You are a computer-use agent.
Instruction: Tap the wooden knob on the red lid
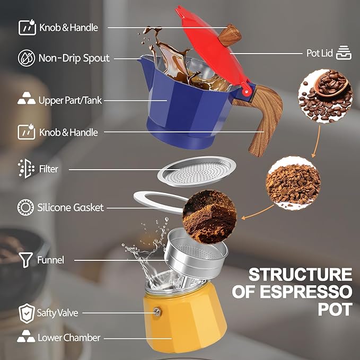229,36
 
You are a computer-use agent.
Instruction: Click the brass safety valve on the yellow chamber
157,313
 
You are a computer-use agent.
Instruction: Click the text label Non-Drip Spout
74,58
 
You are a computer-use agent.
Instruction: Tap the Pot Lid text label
320,53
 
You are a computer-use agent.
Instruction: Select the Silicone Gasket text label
71,207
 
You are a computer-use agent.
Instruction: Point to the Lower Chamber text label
68,337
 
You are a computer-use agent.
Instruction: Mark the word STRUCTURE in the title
300,275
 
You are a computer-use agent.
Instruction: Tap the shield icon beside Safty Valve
25,313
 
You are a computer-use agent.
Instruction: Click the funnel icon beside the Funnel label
25,260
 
